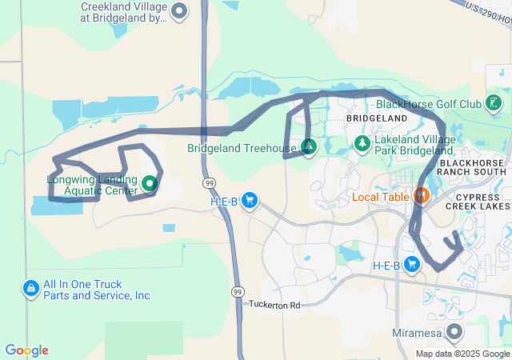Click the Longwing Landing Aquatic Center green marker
(x=149, y=185)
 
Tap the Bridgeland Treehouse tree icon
(x=309, y=147)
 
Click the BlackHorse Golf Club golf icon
(x=494, y=103)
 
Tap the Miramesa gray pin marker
(x=454, y=331)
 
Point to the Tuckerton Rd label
(x=274, y=305)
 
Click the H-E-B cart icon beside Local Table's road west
(x=250, y=200)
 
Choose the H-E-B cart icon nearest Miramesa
(x=413, y=264)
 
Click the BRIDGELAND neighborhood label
(x=371, y=118)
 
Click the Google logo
(x=26, y=350)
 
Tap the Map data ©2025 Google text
(x=462, y=354)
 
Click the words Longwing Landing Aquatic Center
(x=92, y=185)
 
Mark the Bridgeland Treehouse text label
(x=242, y=148)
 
